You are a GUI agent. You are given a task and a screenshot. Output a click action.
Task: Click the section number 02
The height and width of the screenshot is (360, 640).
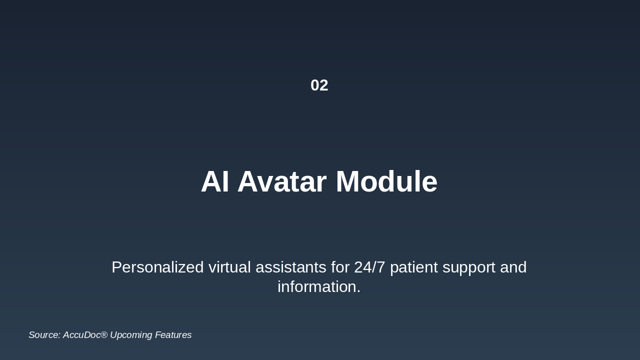(x=319, y=85)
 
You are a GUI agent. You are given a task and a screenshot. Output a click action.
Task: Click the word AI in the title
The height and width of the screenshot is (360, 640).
(x=215, y=181)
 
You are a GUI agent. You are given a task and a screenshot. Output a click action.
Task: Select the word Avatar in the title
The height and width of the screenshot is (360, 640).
(x=282, y=181)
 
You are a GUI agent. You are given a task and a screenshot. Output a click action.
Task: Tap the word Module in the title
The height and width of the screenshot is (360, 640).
(x=386, y=181)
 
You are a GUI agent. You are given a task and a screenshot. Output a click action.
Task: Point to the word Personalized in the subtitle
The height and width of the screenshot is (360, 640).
(x=157, y=267)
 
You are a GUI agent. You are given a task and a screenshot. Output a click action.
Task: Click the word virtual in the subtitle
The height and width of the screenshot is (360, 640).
(x=229, y=267)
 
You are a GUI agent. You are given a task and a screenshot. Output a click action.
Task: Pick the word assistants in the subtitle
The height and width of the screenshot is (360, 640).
(x=291, y=267)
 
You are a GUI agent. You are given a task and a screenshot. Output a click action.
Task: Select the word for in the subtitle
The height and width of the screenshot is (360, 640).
(x=340, y=267)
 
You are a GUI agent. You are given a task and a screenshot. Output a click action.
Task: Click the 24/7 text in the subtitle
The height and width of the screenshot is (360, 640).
(x=369, y=267)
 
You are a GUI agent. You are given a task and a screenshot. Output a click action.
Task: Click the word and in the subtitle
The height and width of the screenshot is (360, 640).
(x=513, y=267)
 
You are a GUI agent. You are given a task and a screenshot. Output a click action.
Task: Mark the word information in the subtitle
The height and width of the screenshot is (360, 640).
(x=317, y=286)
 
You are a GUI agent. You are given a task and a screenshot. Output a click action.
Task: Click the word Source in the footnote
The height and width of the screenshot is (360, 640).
(x=43, y=335)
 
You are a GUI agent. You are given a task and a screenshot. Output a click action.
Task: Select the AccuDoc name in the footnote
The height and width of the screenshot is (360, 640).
(x=81, y=335)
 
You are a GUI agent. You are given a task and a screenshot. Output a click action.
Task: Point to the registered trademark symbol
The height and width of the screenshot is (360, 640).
(x=104, y=333)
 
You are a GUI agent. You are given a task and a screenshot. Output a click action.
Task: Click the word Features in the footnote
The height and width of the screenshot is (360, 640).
(x=173, y=335)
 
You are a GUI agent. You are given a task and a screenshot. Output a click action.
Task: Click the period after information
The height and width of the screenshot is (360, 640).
(x=358, y=291)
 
